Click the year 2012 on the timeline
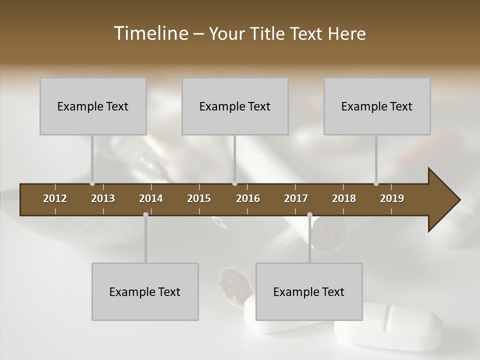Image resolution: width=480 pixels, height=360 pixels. click(55, 198)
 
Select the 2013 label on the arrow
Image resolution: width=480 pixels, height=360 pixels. click(103, 198)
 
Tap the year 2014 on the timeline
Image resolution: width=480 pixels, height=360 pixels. click(151, 198)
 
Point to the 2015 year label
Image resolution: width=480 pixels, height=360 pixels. click(199, 198)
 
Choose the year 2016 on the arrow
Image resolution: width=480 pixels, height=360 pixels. click(248, 198)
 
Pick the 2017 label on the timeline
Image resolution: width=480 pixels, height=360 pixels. click(296, 198)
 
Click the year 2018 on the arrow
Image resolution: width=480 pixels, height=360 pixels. click(344, 198)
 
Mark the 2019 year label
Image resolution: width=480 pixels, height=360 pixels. click(392, 198)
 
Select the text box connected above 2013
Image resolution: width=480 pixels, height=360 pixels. click(93, 106)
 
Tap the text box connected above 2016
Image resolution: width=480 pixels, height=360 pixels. click(235, 106)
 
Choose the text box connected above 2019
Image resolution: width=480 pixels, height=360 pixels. click(377, 106)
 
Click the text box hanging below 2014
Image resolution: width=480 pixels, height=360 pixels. click(145, 291)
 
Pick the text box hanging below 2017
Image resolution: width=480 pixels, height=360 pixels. click(309, 291)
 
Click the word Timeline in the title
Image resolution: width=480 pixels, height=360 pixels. click(150, 33)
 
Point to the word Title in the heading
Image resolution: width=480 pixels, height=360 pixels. click(268, 34)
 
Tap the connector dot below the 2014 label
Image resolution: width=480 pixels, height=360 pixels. click(145, 215)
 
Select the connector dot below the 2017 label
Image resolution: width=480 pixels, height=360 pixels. click(309, 215)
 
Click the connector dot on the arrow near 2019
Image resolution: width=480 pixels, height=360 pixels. click(376, 183)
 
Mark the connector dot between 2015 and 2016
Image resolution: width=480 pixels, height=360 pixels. click(234, 183)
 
